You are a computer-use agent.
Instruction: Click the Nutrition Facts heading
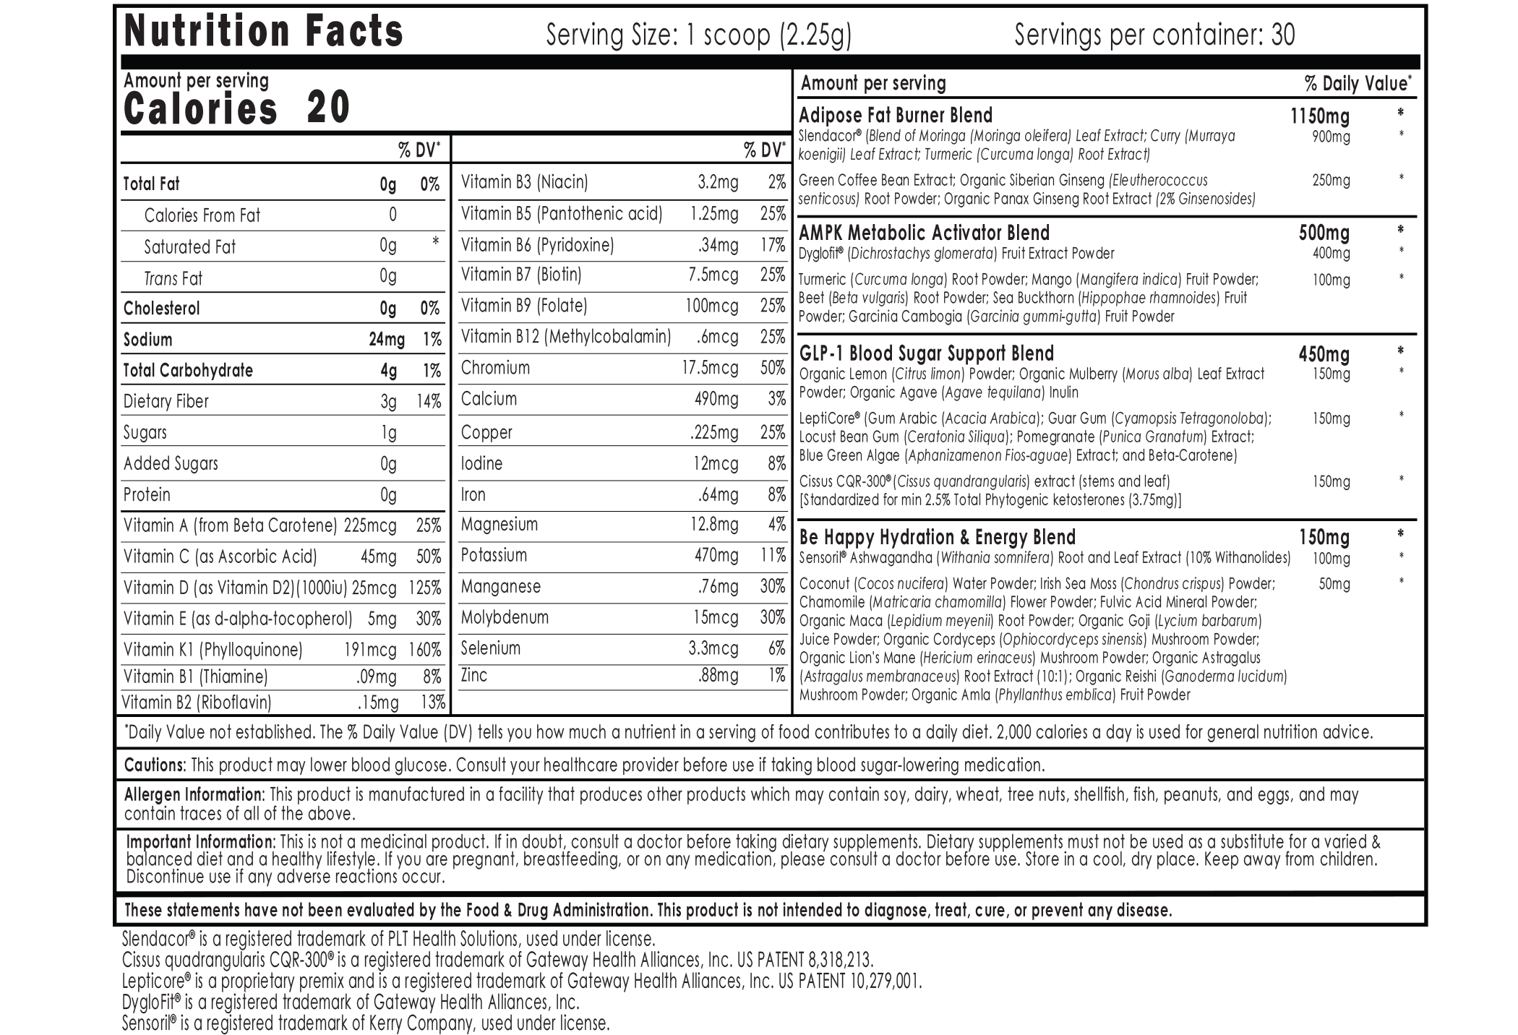point(263,32)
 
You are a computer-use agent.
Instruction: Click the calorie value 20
point(329,108)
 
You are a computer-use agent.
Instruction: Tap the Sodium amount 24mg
point(387,340)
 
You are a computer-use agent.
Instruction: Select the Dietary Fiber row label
point(166,402)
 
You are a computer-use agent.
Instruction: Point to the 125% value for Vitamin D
point(424,588)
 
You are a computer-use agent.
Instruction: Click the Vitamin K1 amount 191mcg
point(370,650)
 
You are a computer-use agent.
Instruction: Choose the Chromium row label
point(495,368)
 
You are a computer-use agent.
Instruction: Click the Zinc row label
point(474,676)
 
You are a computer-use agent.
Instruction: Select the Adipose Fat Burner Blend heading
point(896,116)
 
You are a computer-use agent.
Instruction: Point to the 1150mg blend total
point(1319,116)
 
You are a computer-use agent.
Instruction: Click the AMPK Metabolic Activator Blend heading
point(924,233)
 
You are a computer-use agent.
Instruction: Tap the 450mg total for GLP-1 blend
point(1324,354)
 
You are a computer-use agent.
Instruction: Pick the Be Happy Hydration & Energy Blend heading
point(937,538)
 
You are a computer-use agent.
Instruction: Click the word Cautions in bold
point(155,765)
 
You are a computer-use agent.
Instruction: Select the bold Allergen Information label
point(194,795)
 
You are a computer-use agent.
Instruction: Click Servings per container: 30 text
point(1154,35)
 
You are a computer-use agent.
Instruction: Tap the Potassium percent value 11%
point(773,556)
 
